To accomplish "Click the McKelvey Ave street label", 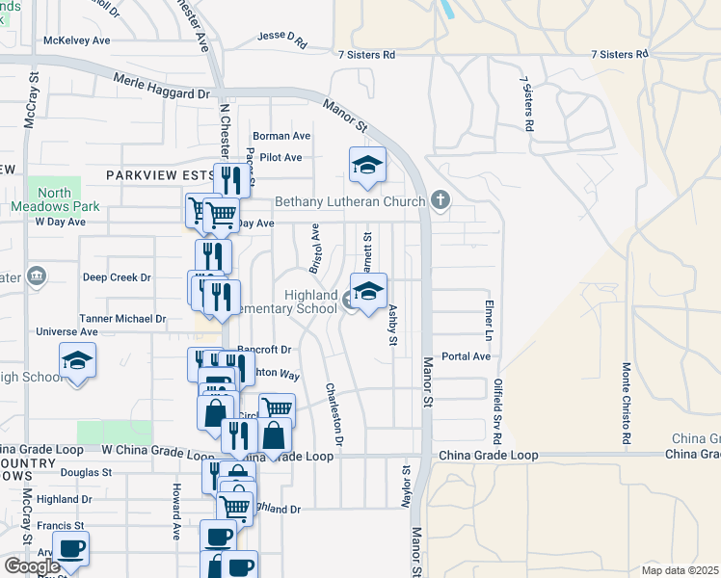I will click(77, 40).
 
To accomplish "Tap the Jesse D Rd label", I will click(281, 39).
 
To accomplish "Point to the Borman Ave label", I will click(281, 136).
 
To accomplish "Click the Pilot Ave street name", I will click(281, 157).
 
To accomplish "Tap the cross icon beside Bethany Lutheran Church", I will click(440, 201).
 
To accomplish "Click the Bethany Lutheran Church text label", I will click(350, 201).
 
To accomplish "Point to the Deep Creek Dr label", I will click(117, 277).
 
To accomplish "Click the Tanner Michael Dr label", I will click(123, 318).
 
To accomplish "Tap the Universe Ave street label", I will click(63, 331).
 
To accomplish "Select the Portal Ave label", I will click(467, 355).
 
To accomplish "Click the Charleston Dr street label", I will click(334, 414).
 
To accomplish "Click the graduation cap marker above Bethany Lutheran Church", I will click(367, 166).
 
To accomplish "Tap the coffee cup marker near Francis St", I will click(70, 549).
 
